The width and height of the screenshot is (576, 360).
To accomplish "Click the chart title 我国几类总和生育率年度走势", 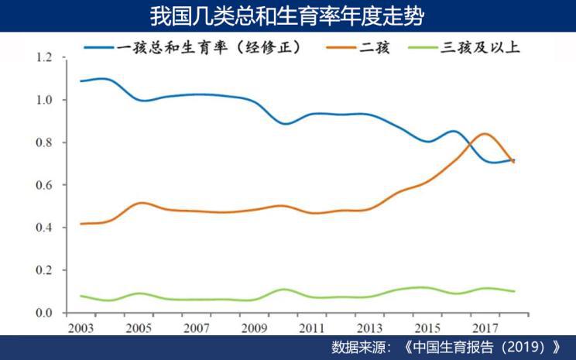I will click(287, 15).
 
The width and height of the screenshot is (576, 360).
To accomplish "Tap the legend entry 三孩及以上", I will click(480, 47).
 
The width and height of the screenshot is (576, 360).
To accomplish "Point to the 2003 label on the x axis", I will click(81, 328).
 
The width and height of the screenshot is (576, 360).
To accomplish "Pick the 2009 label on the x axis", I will click(254, 328).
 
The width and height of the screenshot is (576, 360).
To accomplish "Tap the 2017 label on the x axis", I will click(485, 328).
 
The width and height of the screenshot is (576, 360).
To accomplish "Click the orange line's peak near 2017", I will click(485, 134).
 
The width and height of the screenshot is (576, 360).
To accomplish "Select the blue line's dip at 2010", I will click(286, 124).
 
